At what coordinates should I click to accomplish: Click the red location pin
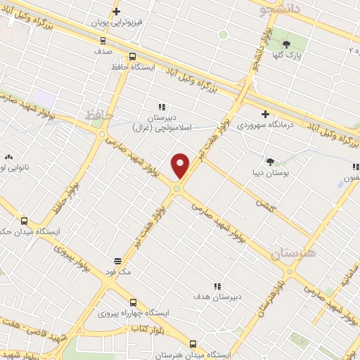point(181,165)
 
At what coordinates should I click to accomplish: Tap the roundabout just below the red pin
point(178,188)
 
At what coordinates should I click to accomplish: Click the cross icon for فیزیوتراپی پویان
point(117,11)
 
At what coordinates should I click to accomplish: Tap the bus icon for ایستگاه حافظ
point(132,57)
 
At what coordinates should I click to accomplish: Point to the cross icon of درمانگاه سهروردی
point(265,114)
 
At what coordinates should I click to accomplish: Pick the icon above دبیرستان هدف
point(217,286)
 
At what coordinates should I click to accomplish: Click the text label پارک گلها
point(304,56)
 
